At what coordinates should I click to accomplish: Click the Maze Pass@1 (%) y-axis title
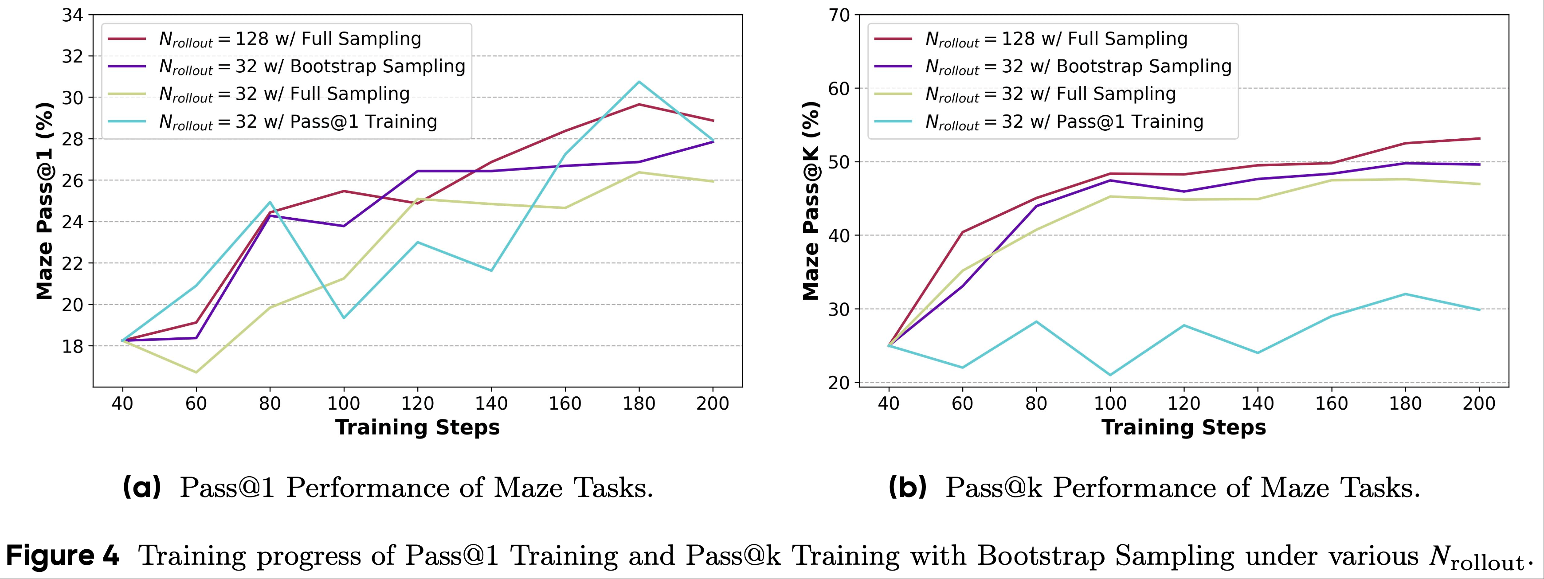(x=45, y=201)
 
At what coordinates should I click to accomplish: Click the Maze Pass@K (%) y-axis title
(x=811, y=201)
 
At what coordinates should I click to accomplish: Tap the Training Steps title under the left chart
(x=417, y=427)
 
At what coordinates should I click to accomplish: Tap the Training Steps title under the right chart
(x=1184, y=427)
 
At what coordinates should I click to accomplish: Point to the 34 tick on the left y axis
(x=73, y=15)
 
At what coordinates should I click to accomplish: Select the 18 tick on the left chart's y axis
(x=73, y=346)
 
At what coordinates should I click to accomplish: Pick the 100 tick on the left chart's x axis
(x=344, y=403)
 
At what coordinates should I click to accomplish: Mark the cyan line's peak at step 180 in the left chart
(x=639, y=82)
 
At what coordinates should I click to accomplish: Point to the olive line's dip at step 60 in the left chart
(x=196, y=372)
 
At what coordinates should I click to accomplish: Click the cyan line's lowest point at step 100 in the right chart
(x=1110, y=375)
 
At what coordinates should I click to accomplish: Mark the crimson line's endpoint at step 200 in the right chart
(x=1479, y=138)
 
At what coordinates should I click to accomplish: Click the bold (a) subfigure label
(x=142, y=487)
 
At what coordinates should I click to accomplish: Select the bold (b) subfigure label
(x=908, y=487)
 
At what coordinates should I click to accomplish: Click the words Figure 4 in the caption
(x=63, y=556)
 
